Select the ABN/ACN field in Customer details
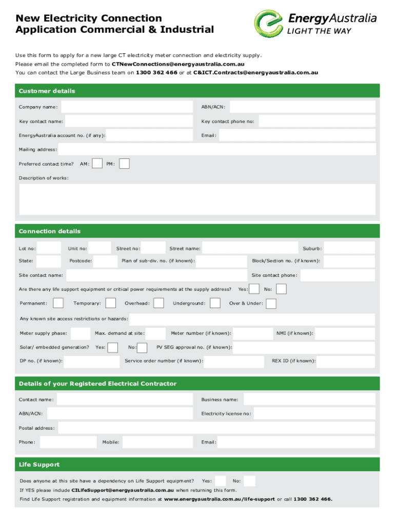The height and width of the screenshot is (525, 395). [x=302, y=107]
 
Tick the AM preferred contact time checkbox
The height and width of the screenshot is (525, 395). [x=96, y=164]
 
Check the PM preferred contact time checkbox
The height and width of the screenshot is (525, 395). [x=124, y=164]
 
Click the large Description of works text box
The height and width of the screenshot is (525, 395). [x=197, y=199]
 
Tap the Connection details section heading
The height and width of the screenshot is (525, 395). [x=50, y=231]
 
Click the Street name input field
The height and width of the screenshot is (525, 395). [x=250, y=248]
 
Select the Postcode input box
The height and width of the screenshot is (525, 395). [x=106, y=261]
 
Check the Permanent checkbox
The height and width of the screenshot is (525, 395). [x=58, y=304]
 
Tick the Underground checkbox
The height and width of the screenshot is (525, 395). [x=215, y=304]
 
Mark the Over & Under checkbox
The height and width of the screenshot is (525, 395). [x=271, y=304]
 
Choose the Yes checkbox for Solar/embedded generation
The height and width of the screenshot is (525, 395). [x=112, y=348]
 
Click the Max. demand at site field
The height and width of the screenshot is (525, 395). [x=155, y=334]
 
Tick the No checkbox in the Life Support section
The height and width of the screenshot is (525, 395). [x=249, y=481]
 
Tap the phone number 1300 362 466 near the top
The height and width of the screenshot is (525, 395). [x=156, y=73]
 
